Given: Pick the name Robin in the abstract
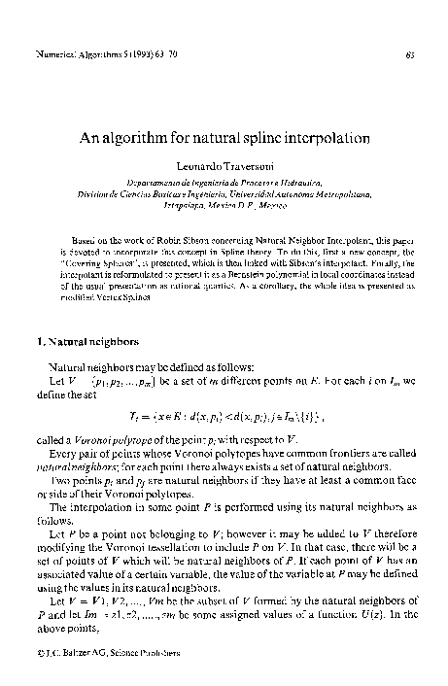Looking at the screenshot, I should [x=145, y=238].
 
